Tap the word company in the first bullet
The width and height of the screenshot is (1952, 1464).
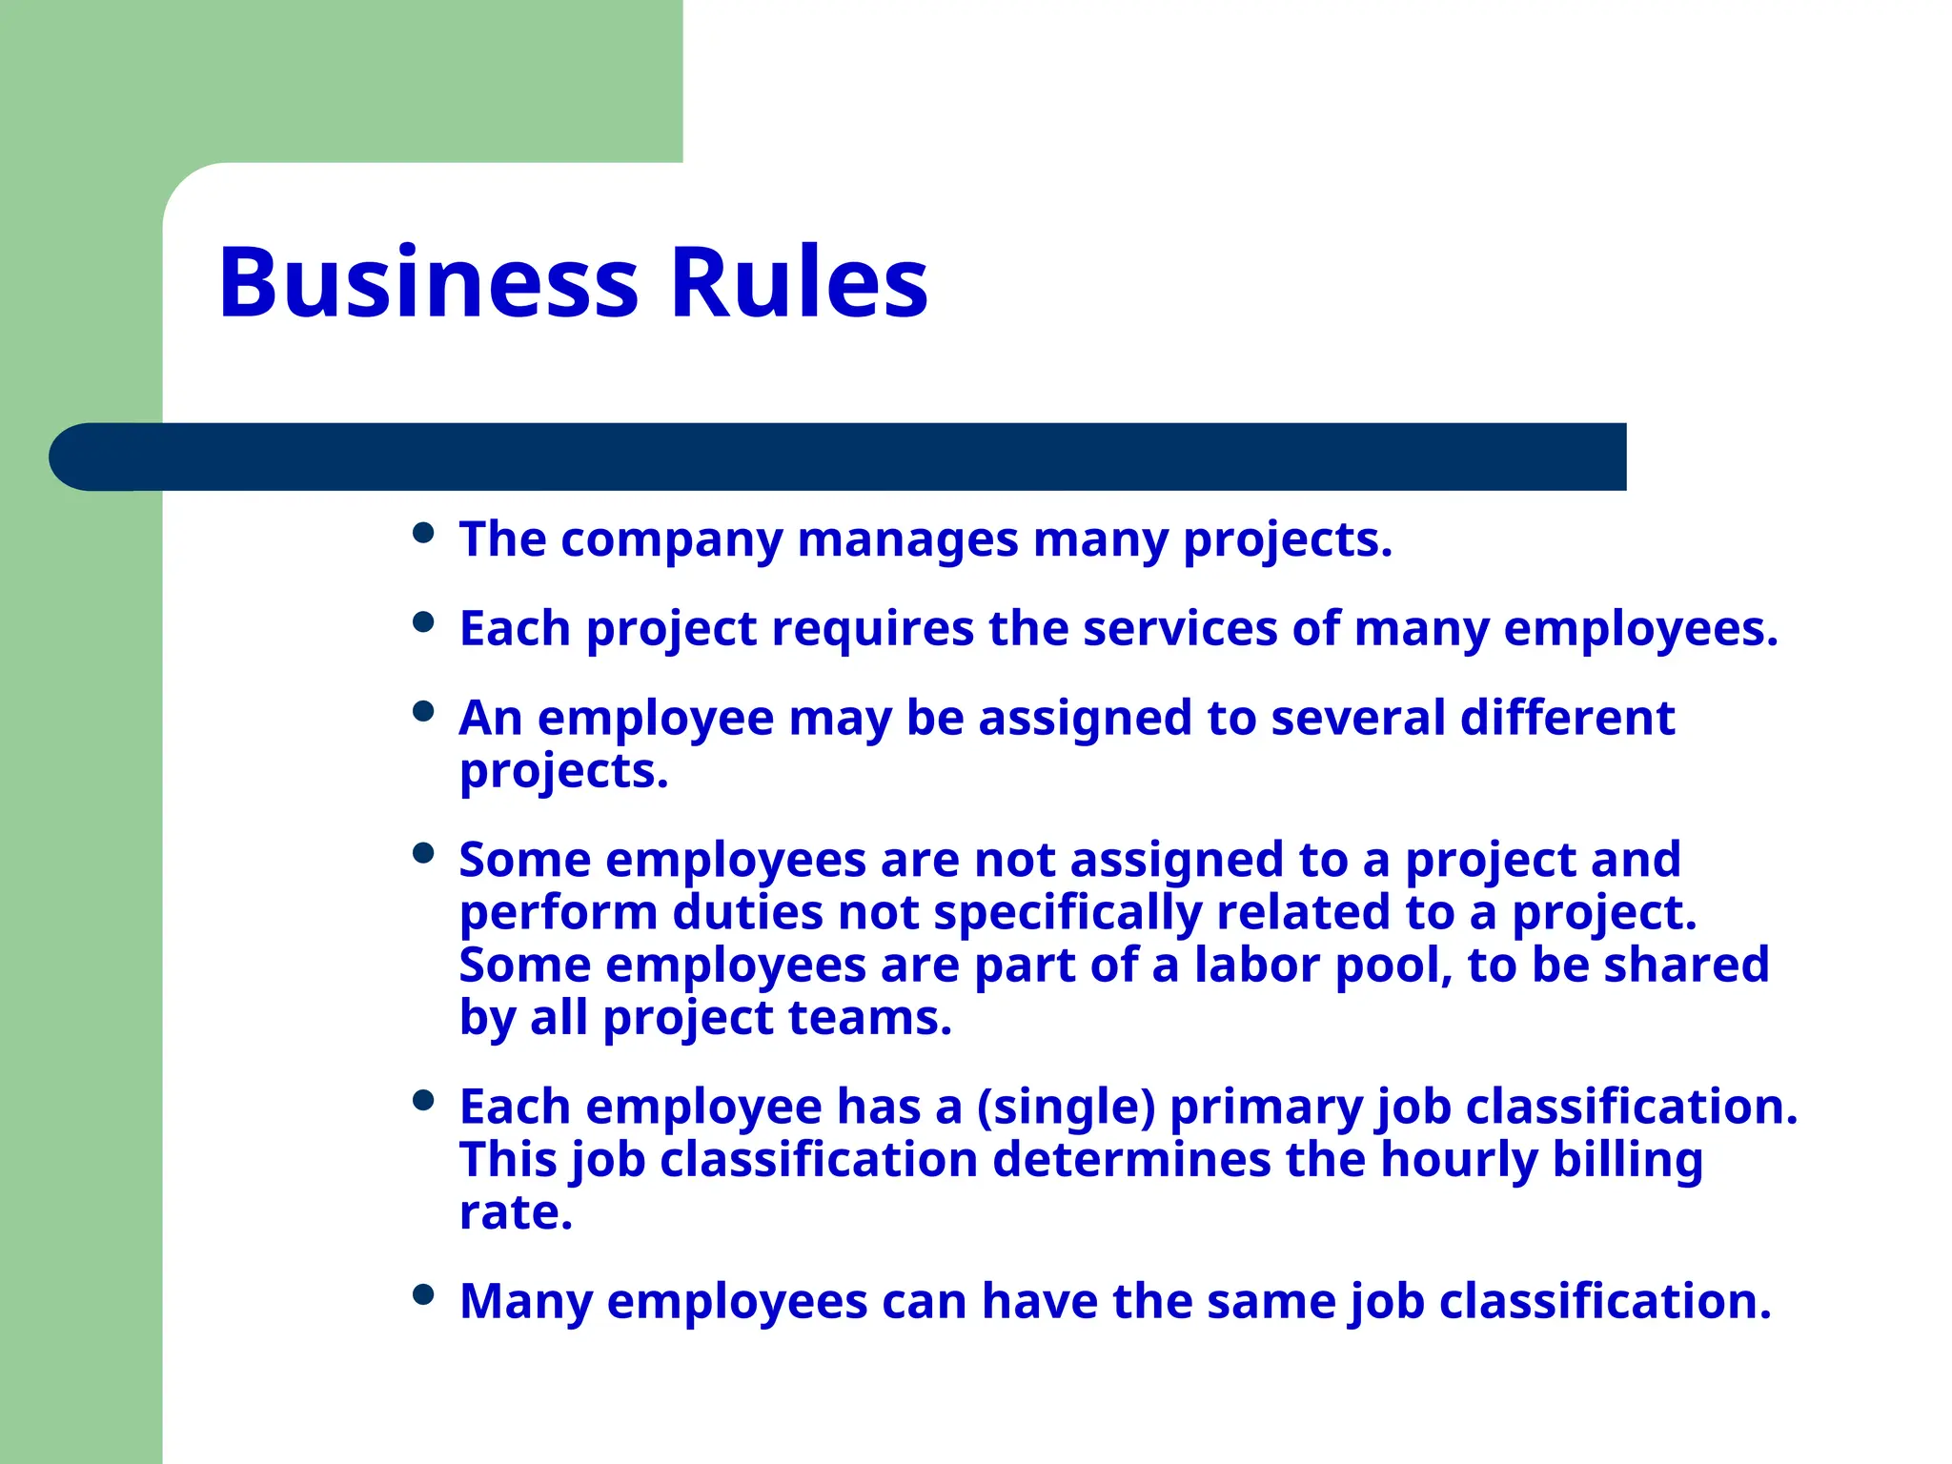click(x=671, y=541)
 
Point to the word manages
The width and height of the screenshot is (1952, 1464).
click(x=907, y=539)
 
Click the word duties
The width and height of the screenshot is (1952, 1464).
click(x=747, y=912)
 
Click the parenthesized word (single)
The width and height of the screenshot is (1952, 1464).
click(x=1066, y=1108)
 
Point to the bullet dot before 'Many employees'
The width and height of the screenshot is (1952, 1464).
click(x=424, y=1294)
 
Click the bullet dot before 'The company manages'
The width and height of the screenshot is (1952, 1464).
click(x=424, y=533)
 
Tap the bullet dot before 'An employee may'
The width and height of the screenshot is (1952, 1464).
click(x=424, y=711)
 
